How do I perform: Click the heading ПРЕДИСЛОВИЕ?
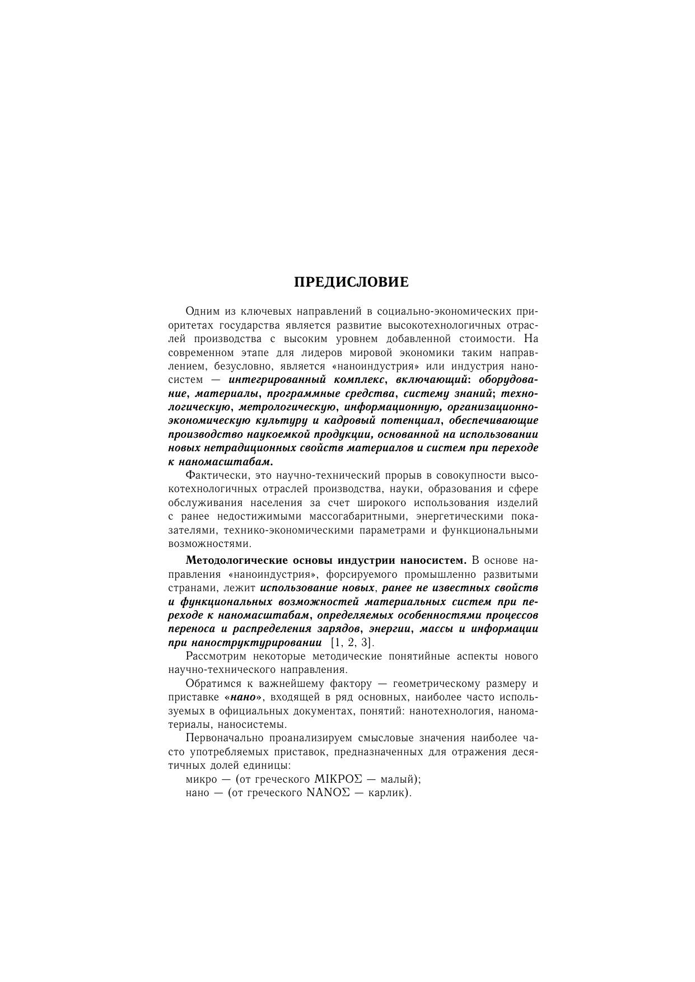click(351, 282)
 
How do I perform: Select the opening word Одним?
click(202, 311)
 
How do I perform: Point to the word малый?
click(398, 779)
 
